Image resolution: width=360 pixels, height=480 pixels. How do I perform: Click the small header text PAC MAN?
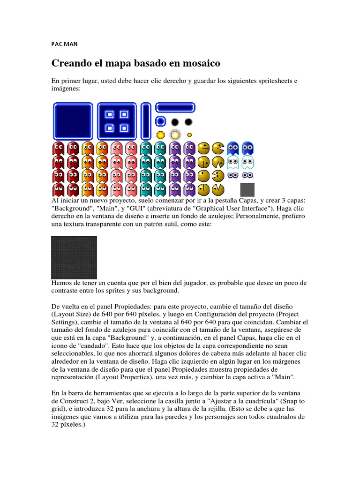pyautogui.click(x=64, y=44)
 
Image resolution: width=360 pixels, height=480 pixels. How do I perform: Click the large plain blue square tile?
pyautogui.click(x=73, y=121)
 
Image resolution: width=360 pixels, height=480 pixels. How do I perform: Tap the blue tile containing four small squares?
pyautogui.click(x=117, y=121)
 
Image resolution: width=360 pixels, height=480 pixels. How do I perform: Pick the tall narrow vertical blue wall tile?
pyautogui.click(x=146, y=121)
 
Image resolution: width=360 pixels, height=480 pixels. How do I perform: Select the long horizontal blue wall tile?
pyautogui.click(x=175, y=108)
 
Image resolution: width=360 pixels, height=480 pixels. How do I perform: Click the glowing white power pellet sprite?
pyautogui.click(x=175, y=135)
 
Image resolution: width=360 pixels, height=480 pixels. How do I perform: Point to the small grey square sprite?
pyautogui.click(x=247, y=189)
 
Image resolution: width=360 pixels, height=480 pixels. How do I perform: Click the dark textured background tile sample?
pyautogui.click(x=74, y=257)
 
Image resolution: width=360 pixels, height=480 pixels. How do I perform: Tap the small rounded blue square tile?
pyautogui.click(x=160, y=122)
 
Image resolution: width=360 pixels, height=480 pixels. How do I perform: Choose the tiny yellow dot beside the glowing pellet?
pyautogui.click(x=189, y=135)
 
